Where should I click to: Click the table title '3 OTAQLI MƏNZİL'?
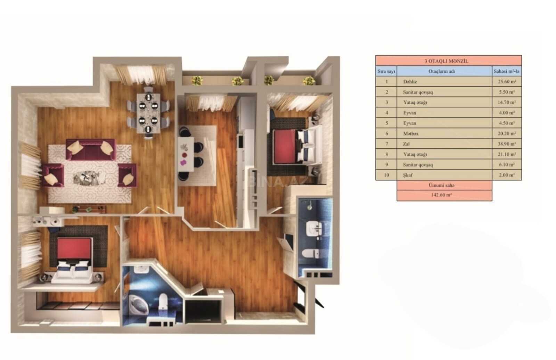[x=446, y=61]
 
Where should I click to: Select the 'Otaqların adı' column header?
[x=442, y=71]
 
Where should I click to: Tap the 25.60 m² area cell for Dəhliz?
[x=507, y=81]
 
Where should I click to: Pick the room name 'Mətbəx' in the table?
[x=411, y=133]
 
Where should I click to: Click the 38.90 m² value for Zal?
[x=507, y=144]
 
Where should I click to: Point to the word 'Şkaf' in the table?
[x=408, y=175]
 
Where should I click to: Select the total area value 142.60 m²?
[x=441, y=195]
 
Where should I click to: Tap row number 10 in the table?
[x=386, y=175]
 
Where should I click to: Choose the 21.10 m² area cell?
[x=507, y=154]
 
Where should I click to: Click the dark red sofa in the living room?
[x=91, y=150]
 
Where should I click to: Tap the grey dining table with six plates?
[x=148, y=113]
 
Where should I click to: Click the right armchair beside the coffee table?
[x=127, y=175]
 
